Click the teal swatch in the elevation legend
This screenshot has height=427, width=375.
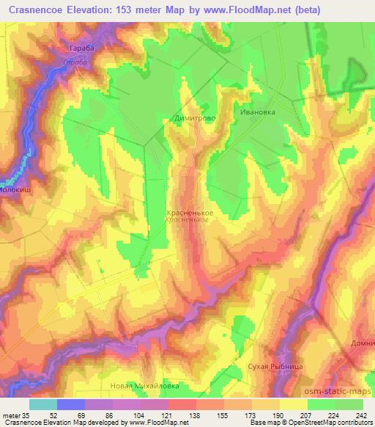(43, 404)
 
